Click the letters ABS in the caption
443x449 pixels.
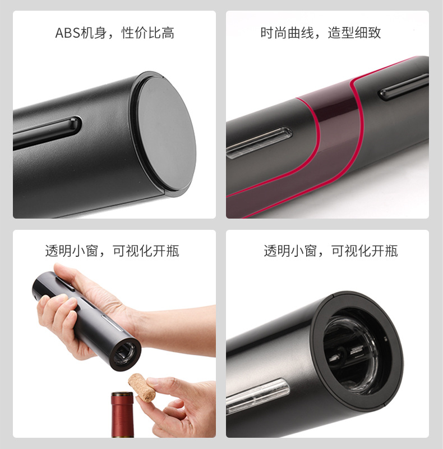pos(67,33)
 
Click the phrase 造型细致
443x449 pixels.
pos(354,33)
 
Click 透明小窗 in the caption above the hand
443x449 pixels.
pos(72,251)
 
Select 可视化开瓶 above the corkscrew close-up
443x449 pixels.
pos(364,251)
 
